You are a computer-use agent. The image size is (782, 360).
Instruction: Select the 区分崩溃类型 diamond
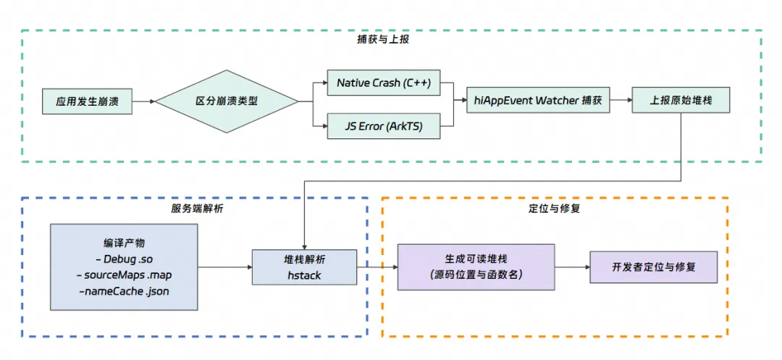(227, 101)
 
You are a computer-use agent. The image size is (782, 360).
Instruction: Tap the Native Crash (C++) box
(384, 83)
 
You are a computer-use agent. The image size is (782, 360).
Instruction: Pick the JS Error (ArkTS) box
(384, 127)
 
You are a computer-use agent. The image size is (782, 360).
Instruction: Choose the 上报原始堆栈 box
(681, 101)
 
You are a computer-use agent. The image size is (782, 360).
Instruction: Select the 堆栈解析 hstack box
(304, 267)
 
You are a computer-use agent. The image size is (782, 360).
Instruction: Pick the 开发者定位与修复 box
(654, 267)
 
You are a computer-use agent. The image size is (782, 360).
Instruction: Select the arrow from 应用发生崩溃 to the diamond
(144, 101)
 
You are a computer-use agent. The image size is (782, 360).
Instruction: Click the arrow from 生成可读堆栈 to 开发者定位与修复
(572, 267)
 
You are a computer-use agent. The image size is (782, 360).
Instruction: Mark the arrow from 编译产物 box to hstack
(224, 267)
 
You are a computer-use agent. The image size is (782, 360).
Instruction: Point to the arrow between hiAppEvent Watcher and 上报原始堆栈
(621, 101)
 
